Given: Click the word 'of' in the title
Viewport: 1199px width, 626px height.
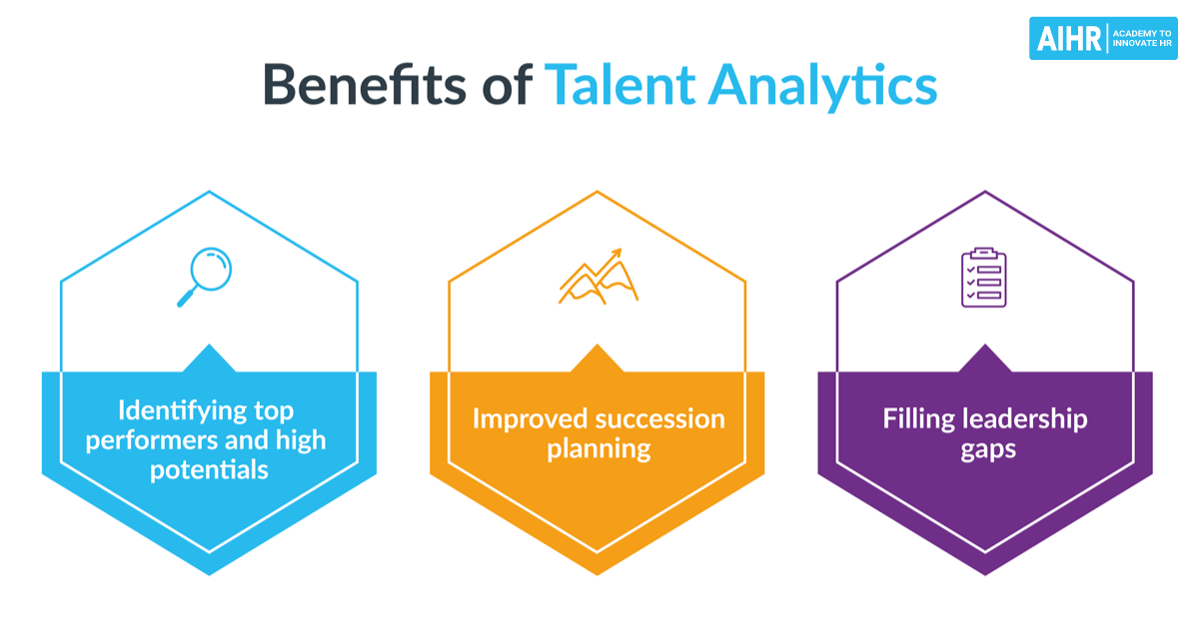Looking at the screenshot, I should tap(504, 86).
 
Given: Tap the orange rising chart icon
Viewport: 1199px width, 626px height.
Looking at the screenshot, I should tap(598, 277).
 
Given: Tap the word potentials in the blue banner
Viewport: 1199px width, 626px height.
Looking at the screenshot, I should tap(209, 468).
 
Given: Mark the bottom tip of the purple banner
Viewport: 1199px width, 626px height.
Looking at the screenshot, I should tap(985, 573).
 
